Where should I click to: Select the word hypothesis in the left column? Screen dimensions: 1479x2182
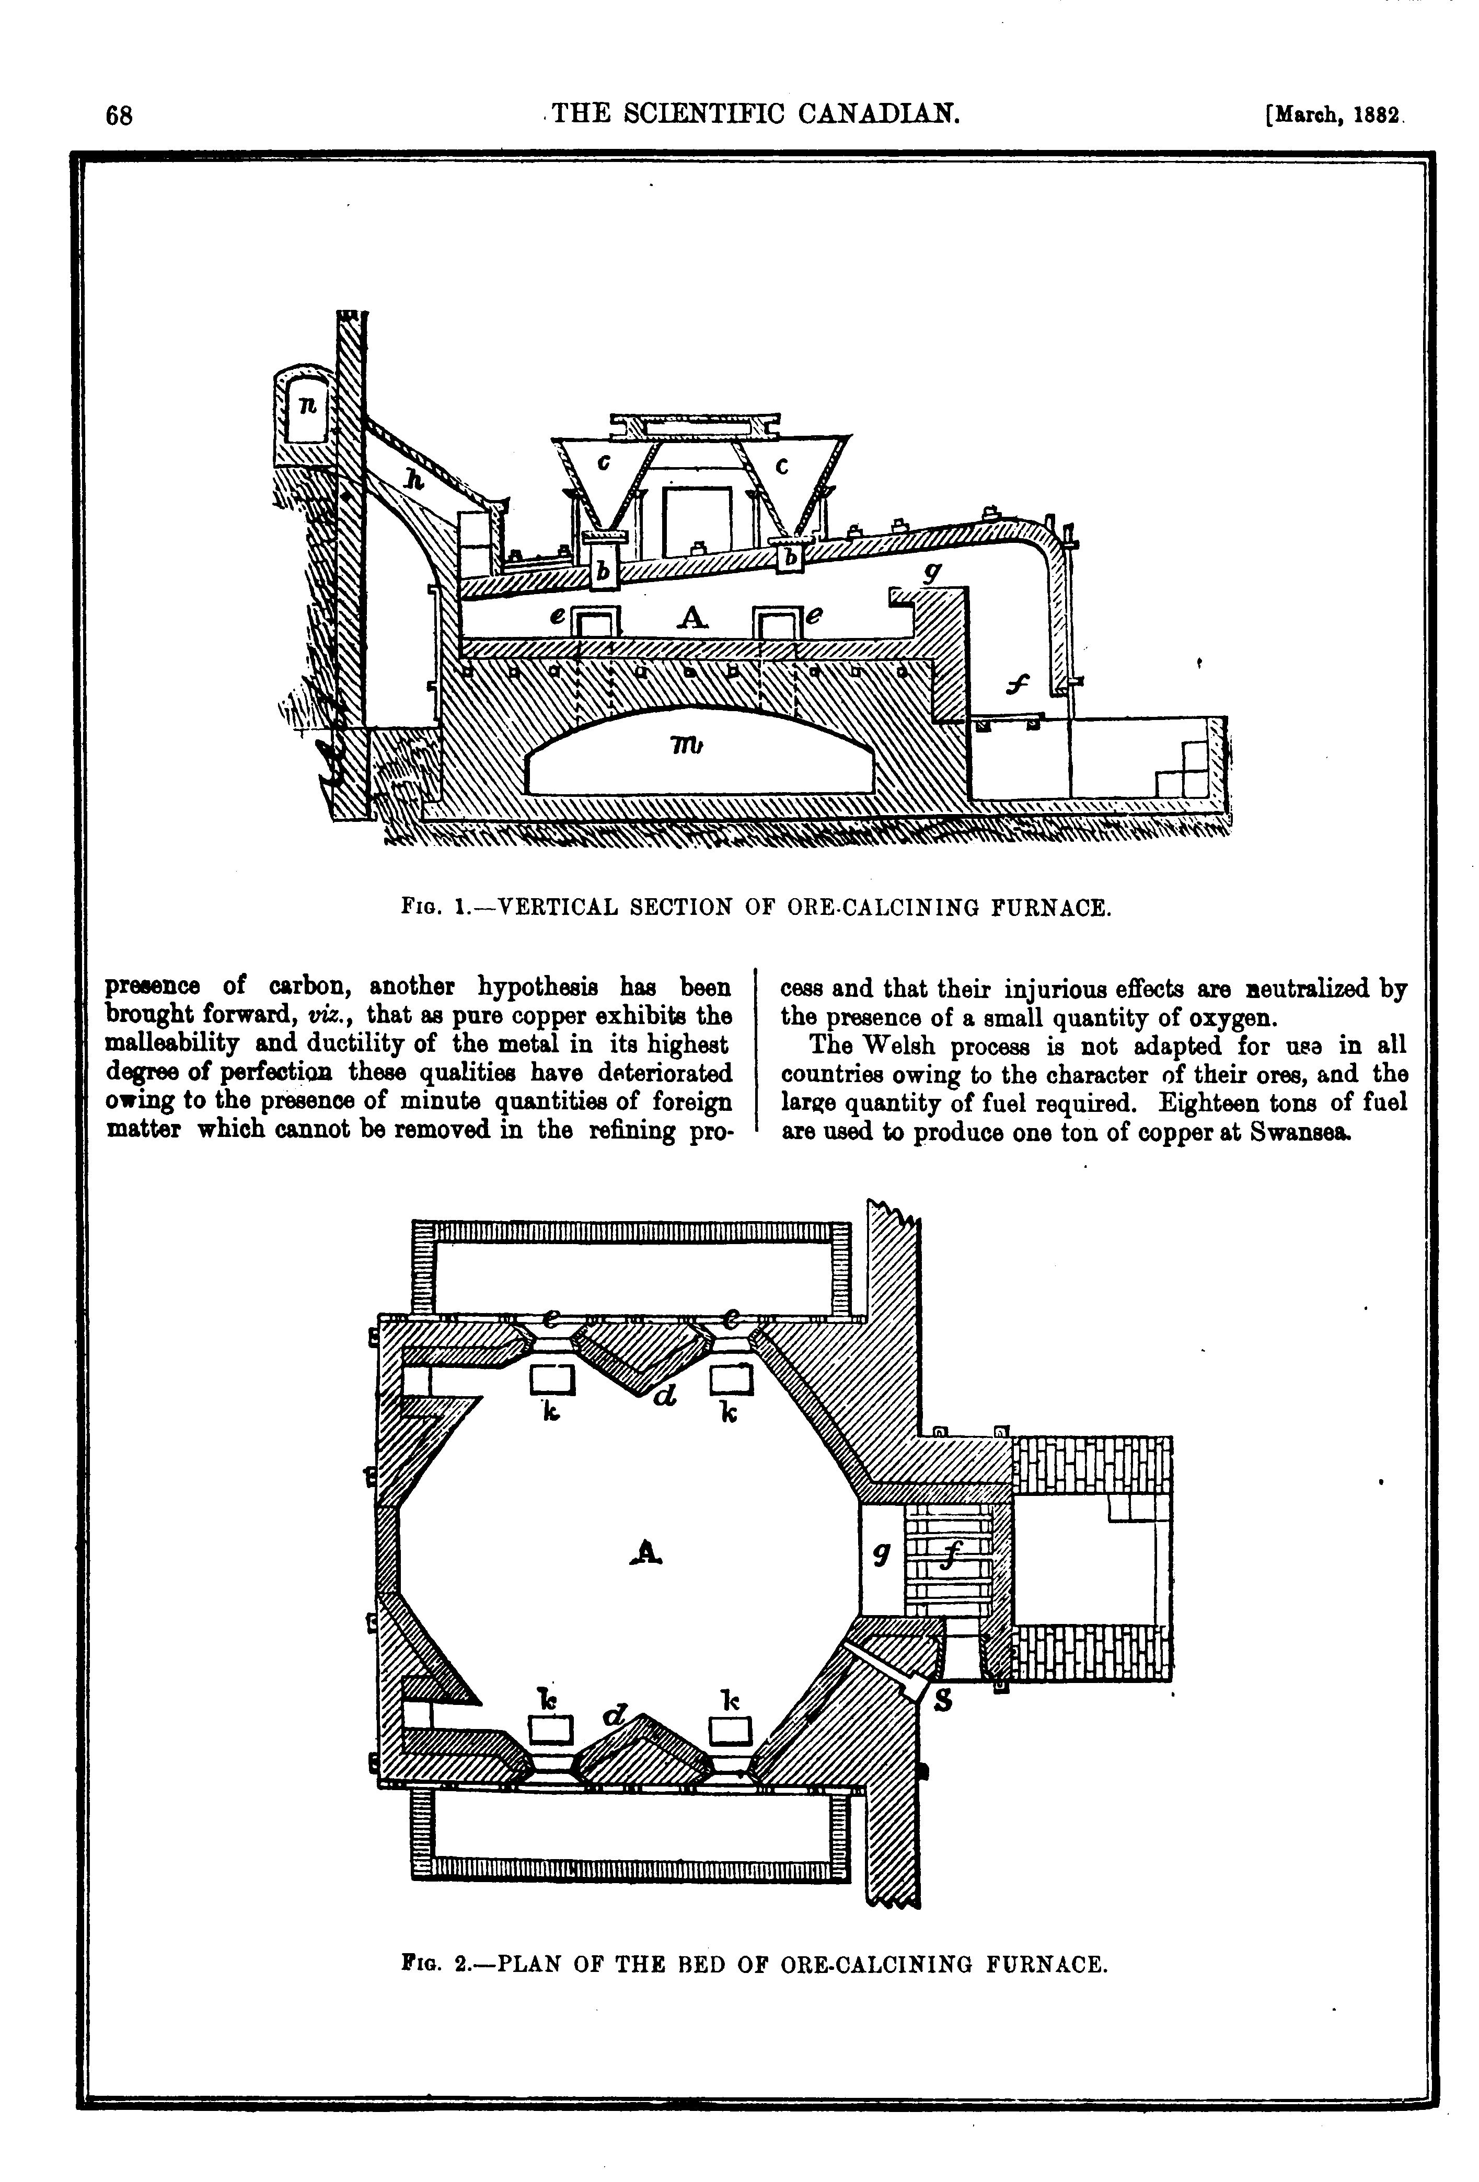[539, 988]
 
